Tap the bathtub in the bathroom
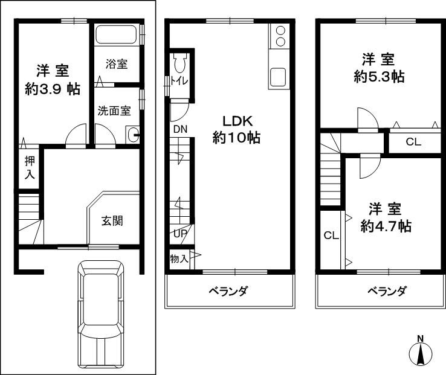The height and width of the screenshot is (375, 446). pos(117,34)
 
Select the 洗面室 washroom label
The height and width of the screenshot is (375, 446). pos(114,111)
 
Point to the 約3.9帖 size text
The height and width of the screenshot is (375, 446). pos(53,89)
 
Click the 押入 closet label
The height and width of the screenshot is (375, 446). pos(29,167)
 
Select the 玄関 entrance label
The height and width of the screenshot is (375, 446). pos(112,220)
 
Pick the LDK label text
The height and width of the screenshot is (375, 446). pos(236,120)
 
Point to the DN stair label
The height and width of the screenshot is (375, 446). pos(180,129)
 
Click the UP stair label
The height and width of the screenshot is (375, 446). pos(180,234)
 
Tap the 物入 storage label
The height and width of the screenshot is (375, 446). pos(179,259)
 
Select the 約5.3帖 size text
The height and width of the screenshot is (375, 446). pos(379,77)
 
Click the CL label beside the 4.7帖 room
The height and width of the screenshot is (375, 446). pos(330,236)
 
